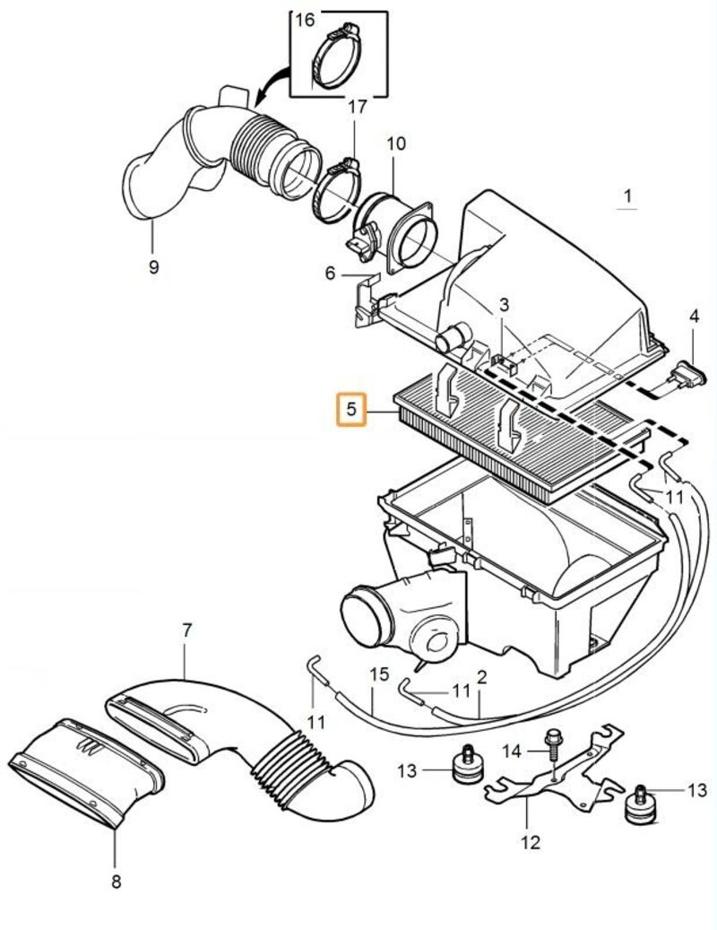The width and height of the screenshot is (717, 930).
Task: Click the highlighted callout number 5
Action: coord(352,411)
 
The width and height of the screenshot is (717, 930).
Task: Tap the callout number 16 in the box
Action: coord(306,20)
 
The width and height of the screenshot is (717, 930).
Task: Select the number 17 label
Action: coord(357,108)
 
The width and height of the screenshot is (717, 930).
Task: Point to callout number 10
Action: coord(396,143)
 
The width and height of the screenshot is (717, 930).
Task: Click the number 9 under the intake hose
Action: coord(153,266)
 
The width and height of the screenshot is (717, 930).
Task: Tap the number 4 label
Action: coord(694,316)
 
